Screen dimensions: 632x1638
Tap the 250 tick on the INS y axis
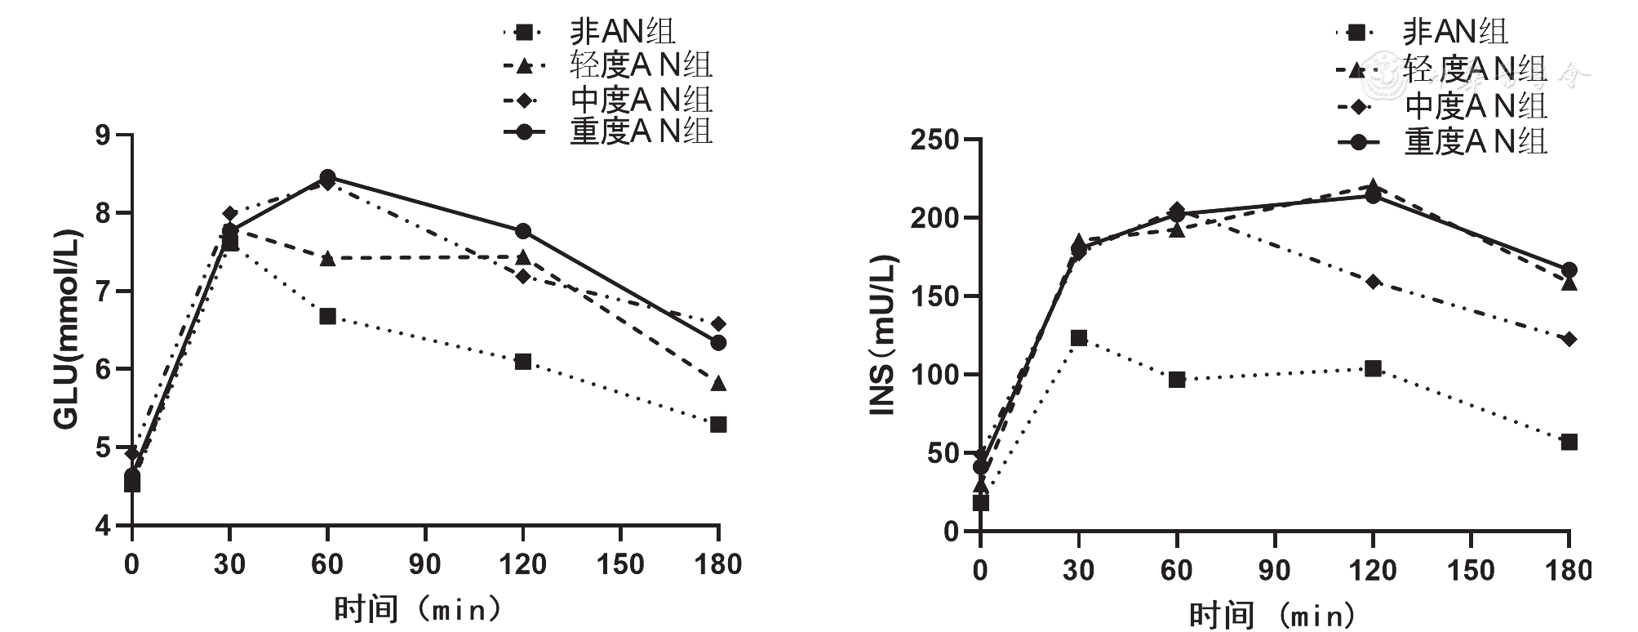pyautogui.click(x=934, y=140)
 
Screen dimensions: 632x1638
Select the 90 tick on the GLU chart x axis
pyautogui.click(x=424, y=564)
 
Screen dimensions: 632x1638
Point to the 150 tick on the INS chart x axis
pyautogui.click(x=1471, y=569)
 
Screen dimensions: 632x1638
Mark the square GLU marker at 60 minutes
pyautogui.click(x=327, y=316)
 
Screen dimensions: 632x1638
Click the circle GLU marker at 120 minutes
pyautogui.click(x=523, y=231)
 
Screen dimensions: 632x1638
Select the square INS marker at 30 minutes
pyautogui.click(x=1079, y=338)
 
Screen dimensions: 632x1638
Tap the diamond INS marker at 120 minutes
pyautogui.click(x=1373, y=282)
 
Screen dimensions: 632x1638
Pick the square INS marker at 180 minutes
pyautogui.click(x=1569, y=442)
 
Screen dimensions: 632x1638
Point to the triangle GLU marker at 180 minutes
pyautogui.click(x=718, y=384)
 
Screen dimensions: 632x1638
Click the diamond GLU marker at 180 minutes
pyautogui.click(x=718, y=324)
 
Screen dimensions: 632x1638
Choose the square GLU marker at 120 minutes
pyautogui.click(x=523, y=362)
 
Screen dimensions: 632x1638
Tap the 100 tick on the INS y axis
pyautogui.click(x=934, y=375)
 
